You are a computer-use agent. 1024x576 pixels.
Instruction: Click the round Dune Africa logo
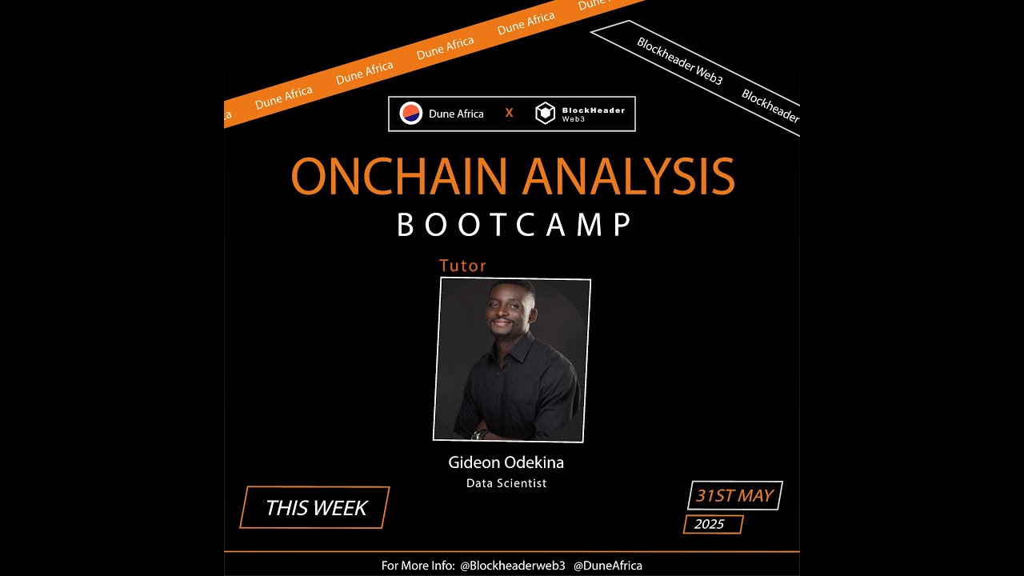(410, 114)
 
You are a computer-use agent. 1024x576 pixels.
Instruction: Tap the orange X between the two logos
(509, 113)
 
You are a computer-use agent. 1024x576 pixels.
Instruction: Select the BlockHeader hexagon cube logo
(545, 114)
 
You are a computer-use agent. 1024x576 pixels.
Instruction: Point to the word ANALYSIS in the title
(629, 176)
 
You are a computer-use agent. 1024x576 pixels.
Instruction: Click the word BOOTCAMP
(514, 225)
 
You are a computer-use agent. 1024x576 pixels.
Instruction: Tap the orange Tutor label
(462, 266)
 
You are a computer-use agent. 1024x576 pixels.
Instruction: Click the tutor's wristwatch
(480, 434)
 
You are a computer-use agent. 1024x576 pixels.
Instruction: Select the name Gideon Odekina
(506, 462)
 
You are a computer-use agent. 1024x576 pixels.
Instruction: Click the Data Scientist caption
(506, 483)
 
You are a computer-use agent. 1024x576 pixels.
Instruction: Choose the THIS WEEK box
(315, 507)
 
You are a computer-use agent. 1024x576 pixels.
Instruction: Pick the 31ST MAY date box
(735, 495)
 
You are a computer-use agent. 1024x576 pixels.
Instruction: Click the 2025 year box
(713, 524)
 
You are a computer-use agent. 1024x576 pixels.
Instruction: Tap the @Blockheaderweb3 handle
(513, 566)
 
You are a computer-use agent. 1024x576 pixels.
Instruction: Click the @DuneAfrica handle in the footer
(607, 566)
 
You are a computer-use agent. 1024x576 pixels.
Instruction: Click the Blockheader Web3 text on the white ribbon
(679, 62)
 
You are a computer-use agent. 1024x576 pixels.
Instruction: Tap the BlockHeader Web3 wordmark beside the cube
(593, 114)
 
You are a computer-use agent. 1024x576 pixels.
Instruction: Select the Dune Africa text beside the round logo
(456, 114)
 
